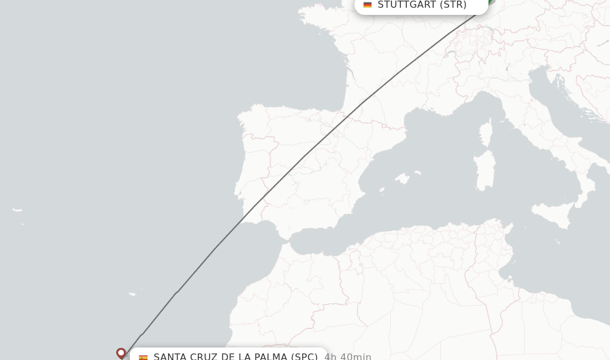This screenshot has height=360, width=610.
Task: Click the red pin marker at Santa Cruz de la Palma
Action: click(x=121, y=353)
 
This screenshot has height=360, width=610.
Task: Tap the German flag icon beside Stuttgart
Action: click(x=368, y=5)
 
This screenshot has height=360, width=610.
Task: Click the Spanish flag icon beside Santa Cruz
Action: click(x=143, y=357)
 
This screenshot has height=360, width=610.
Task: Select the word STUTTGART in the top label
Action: click(x=407, y=5)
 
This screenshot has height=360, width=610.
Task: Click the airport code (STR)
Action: click(x=453, y=5)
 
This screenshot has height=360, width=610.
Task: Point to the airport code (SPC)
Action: click(x=304, y=356)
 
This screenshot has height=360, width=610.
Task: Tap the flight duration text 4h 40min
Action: click(x=348, y=356)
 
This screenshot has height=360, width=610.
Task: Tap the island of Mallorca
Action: click(x=403, y=179)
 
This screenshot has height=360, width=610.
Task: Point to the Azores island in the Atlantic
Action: click(x=17, y=210)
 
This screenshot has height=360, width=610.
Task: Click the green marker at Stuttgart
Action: click(x=489, y=2)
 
